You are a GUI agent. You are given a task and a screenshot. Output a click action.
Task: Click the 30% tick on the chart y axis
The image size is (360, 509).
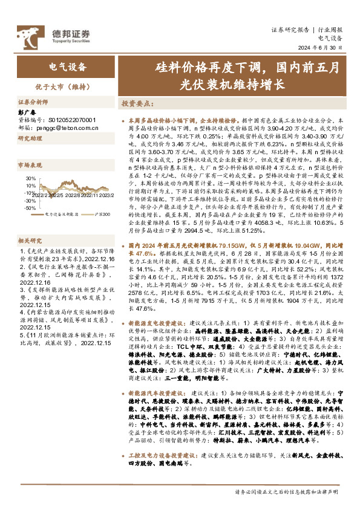tap(30, 179)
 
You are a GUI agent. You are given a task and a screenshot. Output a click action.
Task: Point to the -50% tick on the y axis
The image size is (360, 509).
tap(30, 207)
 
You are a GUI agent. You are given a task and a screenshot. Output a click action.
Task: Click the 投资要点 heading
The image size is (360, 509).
tap(137, 103)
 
